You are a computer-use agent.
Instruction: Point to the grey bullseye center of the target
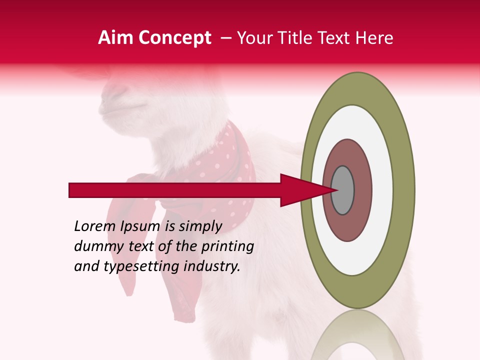point(343,190)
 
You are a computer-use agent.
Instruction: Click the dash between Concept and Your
point(225,38)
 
